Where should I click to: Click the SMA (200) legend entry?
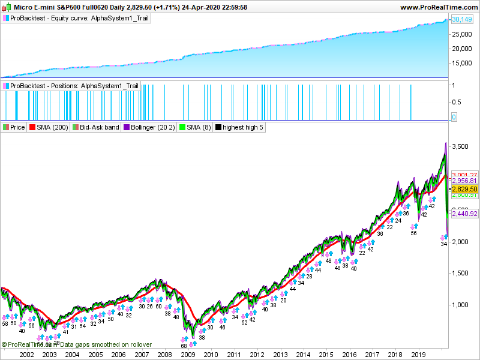point(49,127)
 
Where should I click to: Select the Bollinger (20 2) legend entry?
point(149,127)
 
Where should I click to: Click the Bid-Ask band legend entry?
point(95,127)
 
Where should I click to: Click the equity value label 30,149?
point(461,20)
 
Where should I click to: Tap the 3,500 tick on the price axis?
point(461,146)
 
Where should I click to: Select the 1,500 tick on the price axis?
point(461,273)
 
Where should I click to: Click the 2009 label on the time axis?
point(187,355)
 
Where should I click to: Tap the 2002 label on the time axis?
point(26,355)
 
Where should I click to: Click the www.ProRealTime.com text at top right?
point(437,7)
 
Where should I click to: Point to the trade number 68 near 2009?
point(184,346)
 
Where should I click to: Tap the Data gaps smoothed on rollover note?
point(106,344)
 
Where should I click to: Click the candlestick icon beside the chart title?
point(8,7)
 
